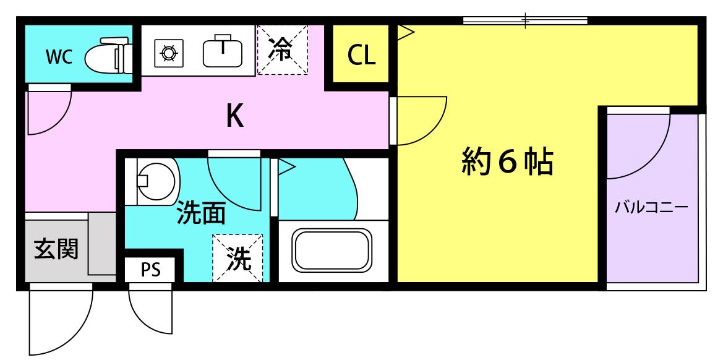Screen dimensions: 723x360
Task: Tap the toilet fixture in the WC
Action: coord(109,57)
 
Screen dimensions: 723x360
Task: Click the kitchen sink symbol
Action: coord(223,51)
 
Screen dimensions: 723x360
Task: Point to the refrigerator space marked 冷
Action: coord(282,49)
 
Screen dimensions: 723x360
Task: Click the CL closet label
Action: coord(361,55)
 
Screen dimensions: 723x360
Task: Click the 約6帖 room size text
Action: coord(507,162)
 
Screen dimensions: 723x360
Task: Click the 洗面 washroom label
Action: coord(202,213)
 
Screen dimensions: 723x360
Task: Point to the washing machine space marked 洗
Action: coord(238,258)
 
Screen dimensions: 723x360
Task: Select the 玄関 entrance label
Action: coord(57,250)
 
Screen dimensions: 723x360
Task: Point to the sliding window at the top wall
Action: coord(525,20)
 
